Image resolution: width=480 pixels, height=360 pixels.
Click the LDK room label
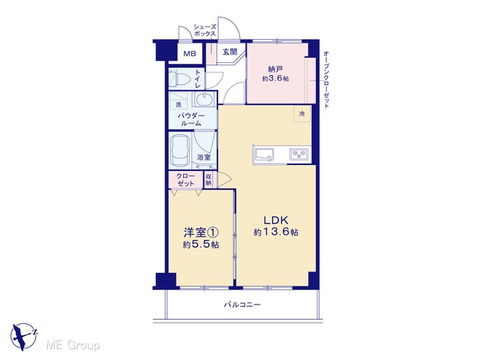pos(276,220)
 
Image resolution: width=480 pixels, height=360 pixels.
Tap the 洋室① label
pos(201,232)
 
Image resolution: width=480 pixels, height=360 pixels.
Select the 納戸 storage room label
pos(275,69)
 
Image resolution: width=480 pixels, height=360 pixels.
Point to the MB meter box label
pos(190,54)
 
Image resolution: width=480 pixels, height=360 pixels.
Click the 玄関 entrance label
pos(230,52)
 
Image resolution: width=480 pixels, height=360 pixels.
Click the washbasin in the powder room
pos(203,99)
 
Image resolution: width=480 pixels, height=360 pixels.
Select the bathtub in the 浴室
pos(180,151)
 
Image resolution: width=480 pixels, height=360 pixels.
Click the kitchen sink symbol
pos(265,154)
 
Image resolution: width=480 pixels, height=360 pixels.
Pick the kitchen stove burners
pos(299,154)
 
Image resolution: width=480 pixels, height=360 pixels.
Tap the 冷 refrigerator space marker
pos(301,114)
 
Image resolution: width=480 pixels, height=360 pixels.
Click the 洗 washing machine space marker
pos(178,104)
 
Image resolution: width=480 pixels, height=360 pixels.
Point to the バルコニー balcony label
pos(242,304)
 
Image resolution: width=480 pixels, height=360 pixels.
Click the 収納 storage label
pos(208,180)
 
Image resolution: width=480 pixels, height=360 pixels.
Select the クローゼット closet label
pos(185,180)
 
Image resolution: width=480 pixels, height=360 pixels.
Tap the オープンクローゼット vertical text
pos(326,79)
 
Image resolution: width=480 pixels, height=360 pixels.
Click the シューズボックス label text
pos(205,30)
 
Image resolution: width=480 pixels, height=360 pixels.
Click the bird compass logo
pos(23,337)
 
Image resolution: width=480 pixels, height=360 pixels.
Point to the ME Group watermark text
pos(73,345)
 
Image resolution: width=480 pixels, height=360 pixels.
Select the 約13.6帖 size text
pos(276,232)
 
